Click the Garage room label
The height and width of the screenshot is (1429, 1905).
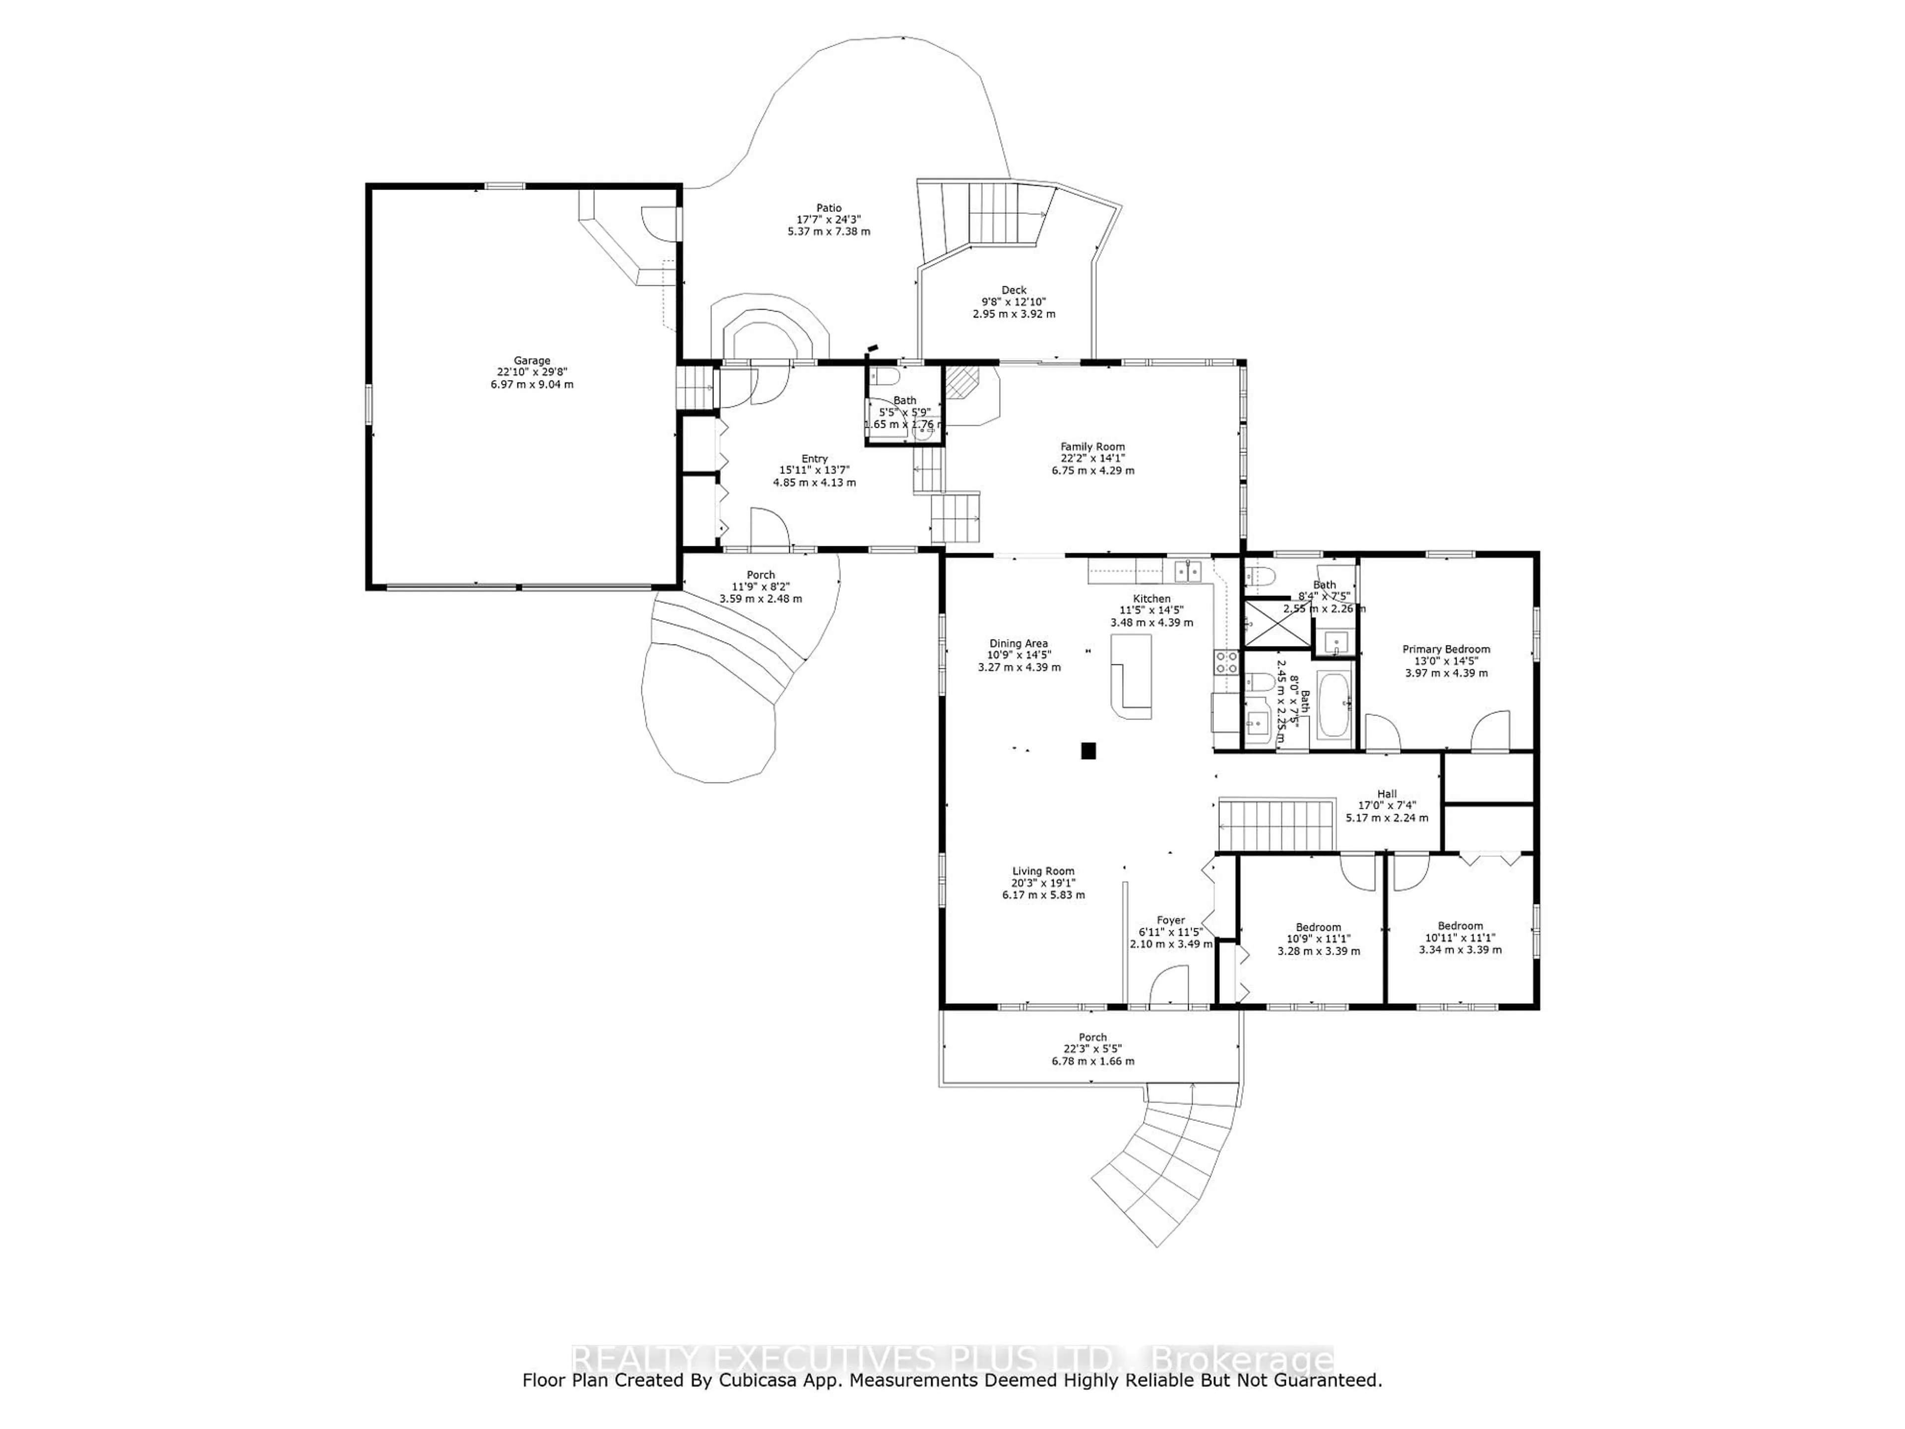point(531,361)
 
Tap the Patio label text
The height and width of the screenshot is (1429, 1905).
point(828,207)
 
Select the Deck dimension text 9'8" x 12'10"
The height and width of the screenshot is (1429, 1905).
point(1014,302)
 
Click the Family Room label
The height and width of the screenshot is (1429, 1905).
point(1092,446)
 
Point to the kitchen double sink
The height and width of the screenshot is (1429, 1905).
point(1189,570)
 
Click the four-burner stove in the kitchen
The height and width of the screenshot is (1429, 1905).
point(1226,661)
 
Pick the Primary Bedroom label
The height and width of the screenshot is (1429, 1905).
point(1446,650)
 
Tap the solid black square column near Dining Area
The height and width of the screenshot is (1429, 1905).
point(1088,750)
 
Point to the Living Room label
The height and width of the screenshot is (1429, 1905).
point(1043,871)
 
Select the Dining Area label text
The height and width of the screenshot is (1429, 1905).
point(1018,644)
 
